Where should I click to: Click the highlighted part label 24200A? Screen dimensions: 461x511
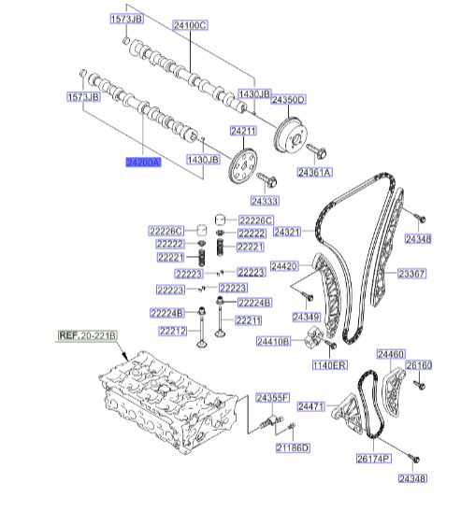[144, 162]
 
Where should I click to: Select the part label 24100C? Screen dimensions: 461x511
[190, 25]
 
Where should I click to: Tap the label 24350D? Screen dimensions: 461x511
[288, 100]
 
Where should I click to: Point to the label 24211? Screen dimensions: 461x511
[243, 131]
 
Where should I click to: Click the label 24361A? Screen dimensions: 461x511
[315, 173]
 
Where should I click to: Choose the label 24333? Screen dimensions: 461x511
[265, 201]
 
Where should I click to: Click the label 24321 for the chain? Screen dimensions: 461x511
[287, 232]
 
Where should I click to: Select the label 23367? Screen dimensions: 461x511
[412, 274]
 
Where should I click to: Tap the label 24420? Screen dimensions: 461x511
[284, 266]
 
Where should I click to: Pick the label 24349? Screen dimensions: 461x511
[307, 317]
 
